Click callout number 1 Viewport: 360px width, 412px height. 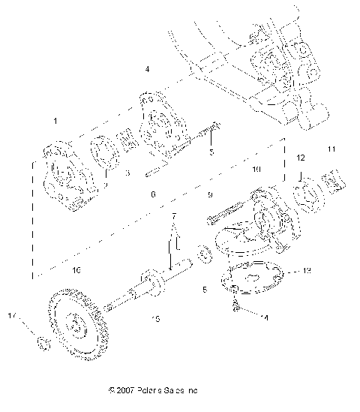point(55,120)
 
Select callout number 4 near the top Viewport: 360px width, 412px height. point(147,69)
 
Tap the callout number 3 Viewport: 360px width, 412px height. point(128,173)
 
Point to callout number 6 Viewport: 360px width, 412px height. point(153,194)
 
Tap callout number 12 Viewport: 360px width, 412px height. point(300,158)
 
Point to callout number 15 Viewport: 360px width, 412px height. point(156,319)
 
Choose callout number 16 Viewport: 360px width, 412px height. point(76,268)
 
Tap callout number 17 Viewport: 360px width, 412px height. point(31,314)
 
